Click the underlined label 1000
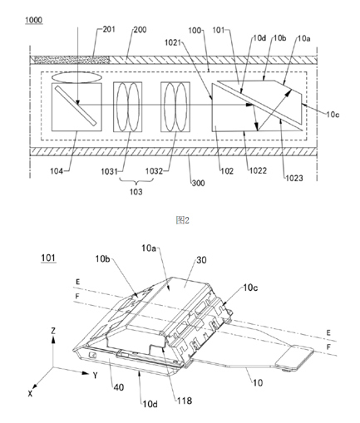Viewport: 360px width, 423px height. click(34, 20)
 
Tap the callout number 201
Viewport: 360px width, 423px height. click(109, 29)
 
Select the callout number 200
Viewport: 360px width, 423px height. click(140, 30)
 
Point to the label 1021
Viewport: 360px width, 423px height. click(172, 42)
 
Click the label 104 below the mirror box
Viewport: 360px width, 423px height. click(57, 171)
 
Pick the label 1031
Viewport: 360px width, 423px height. click(109, 172)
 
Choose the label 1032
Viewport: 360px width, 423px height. click(154, 171)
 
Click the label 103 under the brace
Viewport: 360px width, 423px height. click(136, 191)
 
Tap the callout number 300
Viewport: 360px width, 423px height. click(199, 183)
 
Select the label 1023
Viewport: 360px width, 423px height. click(294, 178)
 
